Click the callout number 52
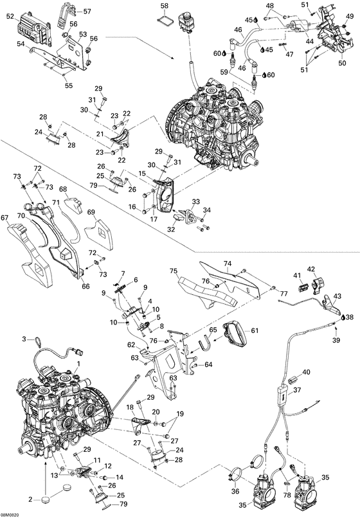pos(11,19)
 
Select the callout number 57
pos(87,11)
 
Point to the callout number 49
pos(349,17)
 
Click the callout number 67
pos(5,219)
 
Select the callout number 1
pos(79,364)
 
